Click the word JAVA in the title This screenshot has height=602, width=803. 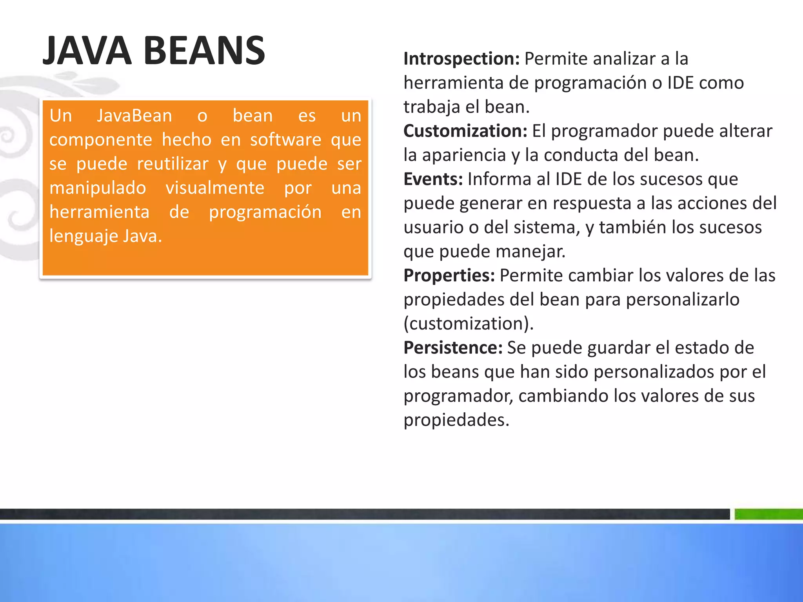pos(87,51)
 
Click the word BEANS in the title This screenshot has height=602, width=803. pos(204,51)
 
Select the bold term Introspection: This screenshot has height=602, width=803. pos(461,59)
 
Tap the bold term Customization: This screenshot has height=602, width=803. pos(465,131)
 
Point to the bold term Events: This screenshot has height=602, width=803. pos(433,179)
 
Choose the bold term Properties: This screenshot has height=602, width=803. pos(449,276)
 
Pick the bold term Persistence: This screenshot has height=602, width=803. pos(453,348)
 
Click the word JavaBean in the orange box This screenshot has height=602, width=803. pos(134,116)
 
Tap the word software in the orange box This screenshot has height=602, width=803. pos(286,140)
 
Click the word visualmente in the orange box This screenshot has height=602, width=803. pos(215,188)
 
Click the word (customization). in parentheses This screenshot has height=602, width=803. pos(469,324)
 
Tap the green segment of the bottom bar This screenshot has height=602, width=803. pos(768,514)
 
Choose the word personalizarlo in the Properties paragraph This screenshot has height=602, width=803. pos(683,300)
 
